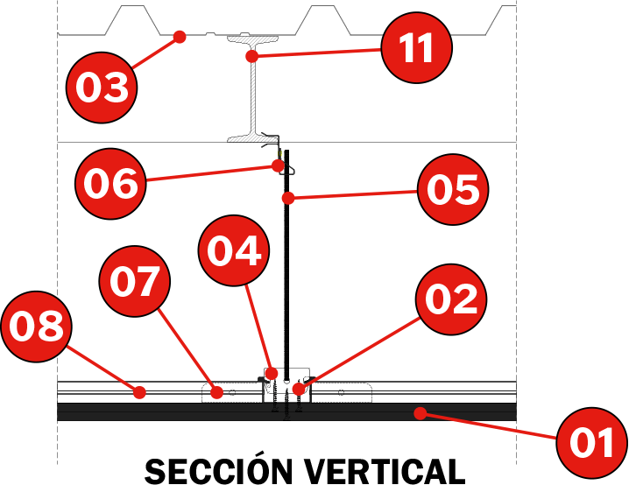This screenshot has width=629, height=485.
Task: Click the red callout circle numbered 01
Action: [x=592, y=442]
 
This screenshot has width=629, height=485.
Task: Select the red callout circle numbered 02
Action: [x=451, y=299]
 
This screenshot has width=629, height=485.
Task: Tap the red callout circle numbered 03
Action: [x=103, y=88]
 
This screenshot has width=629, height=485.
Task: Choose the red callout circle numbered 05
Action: [x=452, y=190]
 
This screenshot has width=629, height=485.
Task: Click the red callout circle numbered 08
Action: [x=36, y=327]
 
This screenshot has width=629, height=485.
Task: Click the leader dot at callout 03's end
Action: [x=180, y=37]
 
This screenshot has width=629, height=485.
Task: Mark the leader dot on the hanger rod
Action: [x=287, y=199]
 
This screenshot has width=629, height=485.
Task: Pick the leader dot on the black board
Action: [x=421, y=411]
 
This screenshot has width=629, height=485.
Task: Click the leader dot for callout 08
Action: [x=138, y=393]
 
